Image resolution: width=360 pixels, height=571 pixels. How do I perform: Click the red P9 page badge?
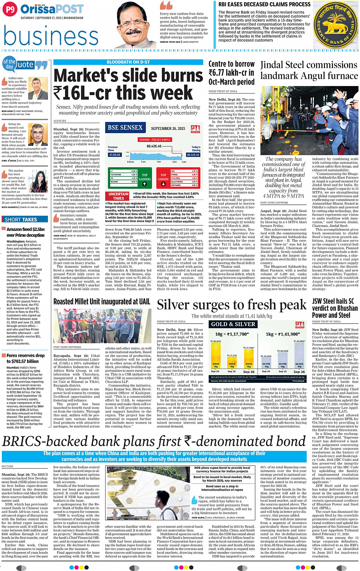tap(10, 9)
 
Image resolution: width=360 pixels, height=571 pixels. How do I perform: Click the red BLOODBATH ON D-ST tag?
tap(128, 62)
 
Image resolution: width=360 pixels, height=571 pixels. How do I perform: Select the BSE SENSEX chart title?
tap(125, 128)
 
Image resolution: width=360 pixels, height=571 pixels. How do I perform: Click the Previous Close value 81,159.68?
tap(115, 155)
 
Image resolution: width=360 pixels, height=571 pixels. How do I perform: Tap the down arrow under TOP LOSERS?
tap(163, 184)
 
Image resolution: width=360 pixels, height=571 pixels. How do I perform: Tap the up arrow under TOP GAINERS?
tap(145, 184)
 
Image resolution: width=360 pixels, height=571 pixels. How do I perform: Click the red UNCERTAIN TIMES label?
tap(118, 196)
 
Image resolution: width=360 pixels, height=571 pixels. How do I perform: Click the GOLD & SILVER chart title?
tap(233, 324)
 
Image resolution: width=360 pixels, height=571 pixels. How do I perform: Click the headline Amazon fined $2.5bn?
tap(26, 232)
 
